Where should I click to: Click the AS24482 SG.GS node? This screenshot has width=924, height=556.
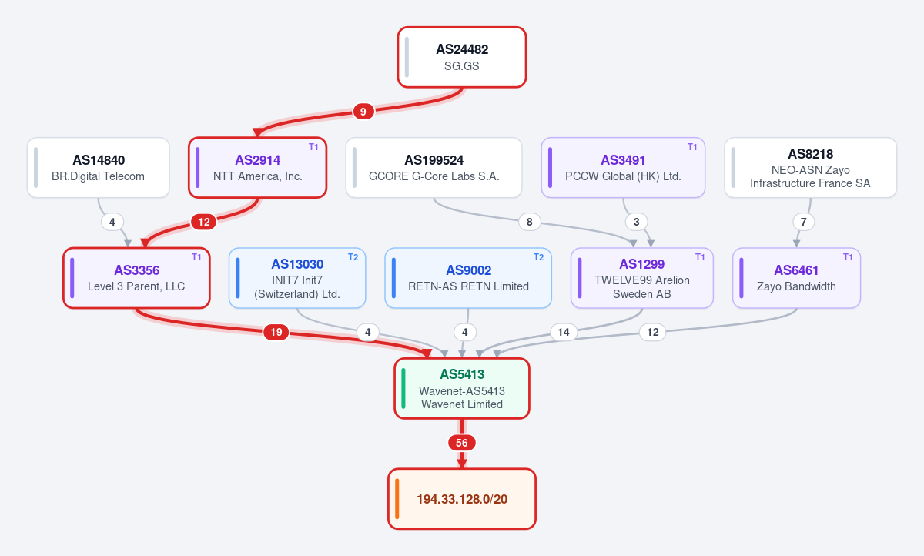tap(461, 57)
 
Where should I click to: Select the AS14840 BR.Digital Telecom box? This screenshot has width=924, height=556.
tap(99, 168)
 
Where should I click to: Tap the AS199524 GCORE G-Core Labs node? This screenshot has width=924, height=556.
tap(434, 168)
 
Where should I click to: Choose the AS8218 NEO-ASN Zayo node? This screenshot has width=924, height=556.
tap(810, 168)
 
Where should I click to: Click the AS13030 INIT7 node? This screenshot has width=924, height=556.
tap(297, 278)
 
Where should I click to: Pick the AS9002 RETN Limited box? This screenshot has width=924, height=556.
tap(468, 278)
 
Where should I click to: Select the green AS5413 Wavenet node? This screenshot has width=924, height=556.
tap(461, 389)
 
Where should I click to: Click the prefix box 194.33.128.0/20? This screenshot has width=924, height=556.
tap(461, 499)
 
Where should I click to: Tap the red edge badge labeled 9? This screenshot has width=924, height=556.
tap(363, 112)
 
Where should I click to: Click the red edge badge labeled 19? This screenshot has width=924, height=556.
tap(276, 332)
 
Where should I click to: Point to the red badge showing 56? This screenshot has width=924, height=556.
tap(461, 443)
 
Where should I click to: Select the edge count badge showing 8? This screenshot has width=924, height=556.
tap(529, 222)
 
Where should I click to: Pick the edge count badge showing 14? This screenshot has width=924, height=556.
tap(564, 332)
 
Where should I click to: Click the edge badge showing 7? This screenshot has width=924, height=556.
tap(803, 222)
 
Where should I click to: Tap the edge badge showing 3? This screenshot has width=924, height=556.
tap(636, 222)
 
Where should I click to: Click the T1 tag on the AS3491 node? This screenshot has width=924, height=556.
tap(692, 147)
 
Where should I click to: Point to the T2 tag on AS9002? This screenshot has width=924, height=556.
tap(538, 257)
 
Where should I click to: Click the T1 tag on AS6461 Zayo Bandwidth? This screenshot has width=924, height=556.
tap(848, 257)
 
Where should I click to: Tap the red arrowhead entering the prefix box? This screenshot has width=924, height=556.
tap(461, 464)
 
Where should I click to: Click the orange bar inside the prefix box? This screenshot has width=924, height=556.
tap(397, 499)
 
